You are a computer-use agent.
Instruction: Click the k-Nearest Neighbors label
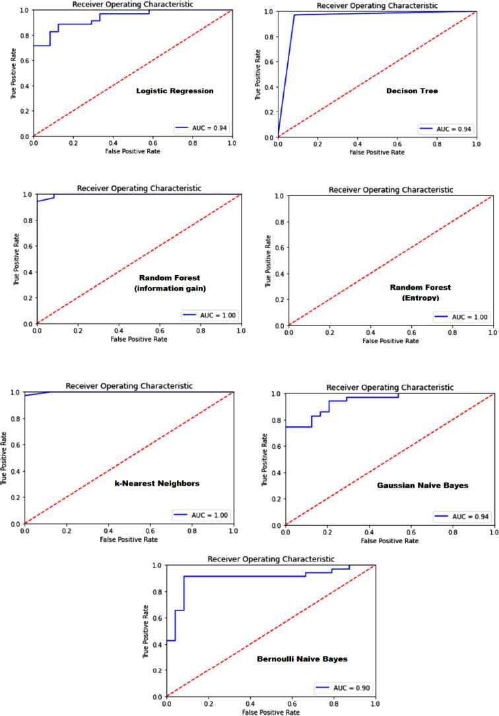tap(150, 483)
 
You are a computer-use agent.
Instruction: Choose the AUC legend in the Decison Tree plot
tap(446, 128)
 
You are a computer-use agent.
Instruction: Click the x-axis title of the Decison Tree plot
tap(377, 152)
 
